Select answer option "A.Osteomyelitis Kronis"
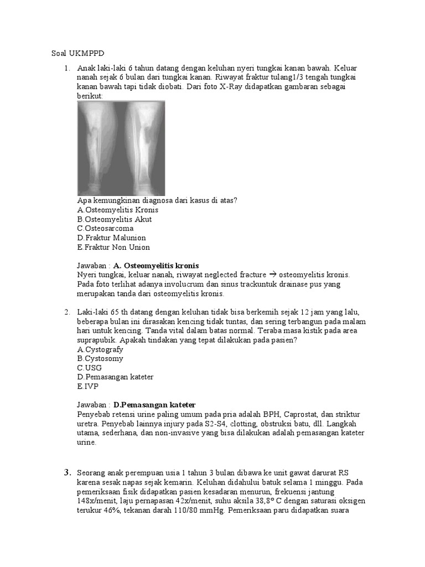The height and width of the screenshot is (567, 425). [x=118, y=210]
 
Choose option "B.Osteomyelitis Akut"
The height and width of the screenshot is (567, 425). [x=115, y=219]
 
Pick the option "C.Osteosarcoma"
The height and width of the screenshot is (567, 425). [x=105, y=228]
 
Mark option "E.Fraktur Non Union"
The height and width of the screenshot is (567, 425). [x=113, y=247]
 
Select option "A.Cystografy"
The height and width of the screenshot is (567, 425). [x=100, y=349]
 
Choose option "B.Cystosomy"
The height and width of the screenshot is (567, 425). [x=100, y=358]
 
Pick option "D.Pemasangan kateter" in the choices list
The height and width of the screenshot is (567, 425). [x=115, y=377]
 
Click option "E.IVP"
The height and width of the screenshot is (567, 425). [x=87, y=386]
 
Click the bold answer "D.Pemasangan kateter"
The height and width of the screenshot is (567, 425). [x=154, y=405]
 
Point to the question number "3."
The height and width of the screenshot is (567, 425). [x=68, y=472]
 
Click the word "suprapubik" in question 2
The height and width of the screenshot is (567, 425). [x=94, y=340]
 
